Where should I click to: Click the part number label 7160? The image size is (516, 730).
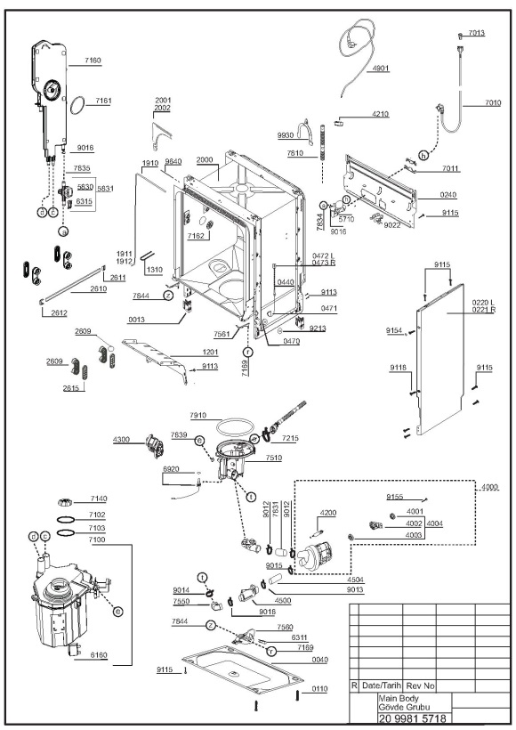pos(93,60)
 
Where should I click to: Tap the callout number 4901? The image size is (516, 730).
pos(381,69)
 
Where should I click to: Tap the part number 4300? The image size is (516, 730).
pos(123,440)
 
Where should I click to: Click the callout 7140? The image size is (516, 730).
pos(98,499)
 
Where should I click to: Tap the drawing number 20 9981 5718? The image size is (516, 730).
pos(413,718)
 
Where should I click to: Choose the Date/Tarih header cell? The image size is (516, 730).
pos(381,685)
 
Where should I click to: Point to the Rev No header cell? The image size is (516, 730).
pos(421,685)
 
